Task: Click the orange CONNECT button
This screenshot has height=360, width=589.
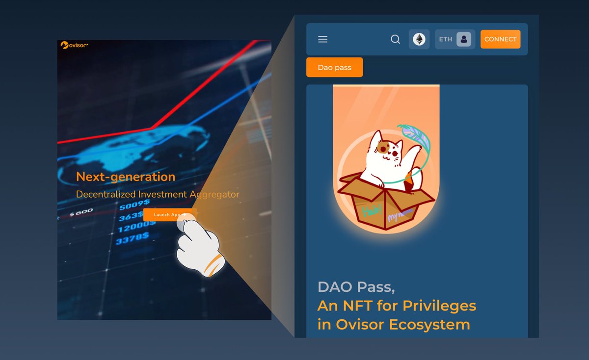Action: [500, 39]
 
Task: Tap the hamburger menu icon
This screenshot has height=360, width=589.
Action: [322, 39]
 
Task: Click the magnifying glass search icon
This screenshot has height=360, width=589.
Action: [395, 39]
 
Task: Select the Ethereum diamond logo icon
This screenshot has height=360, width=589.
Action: [419, 39]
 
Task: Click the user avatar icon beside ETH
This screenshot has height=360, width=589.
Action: [464, 39]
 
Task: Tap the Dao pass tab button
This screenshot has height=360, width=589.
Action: [334, 67]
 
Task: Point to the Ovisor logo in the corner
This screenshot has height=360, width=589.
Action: [74, 45]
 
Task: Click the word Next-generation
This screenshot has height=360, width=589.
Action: [126, 177]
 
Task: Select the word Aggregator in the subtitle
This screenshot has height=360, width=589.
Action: [214, 194]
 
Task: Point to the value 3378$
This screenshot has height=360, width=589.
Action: [132, 239]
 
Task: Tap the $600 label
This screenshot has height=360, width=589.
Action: [81, 213]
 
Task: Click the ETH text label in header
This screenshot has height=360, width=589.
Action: [446, 39]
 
